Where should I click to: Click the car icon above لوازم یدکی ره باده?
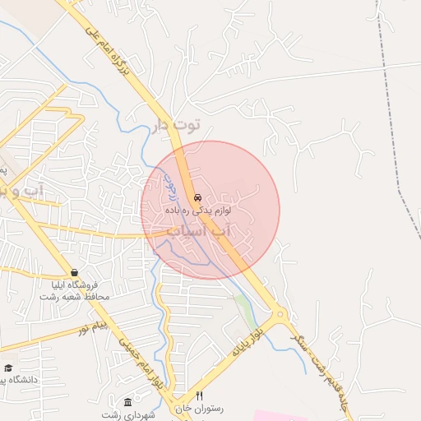tap(197, 198)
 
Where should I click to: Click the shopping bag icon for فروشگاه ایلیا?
tap(75, 272)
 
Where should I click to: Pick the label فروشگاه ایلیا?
tap(75, 285)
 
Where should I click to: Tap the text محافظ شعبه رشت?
tap(75, 296)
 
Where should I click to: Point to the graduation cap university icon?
tap(8, 368)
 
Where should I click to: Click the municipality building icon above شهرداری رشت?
tap(127, 401)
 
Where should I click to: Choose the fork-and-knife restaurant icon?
tap(198, 396)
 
